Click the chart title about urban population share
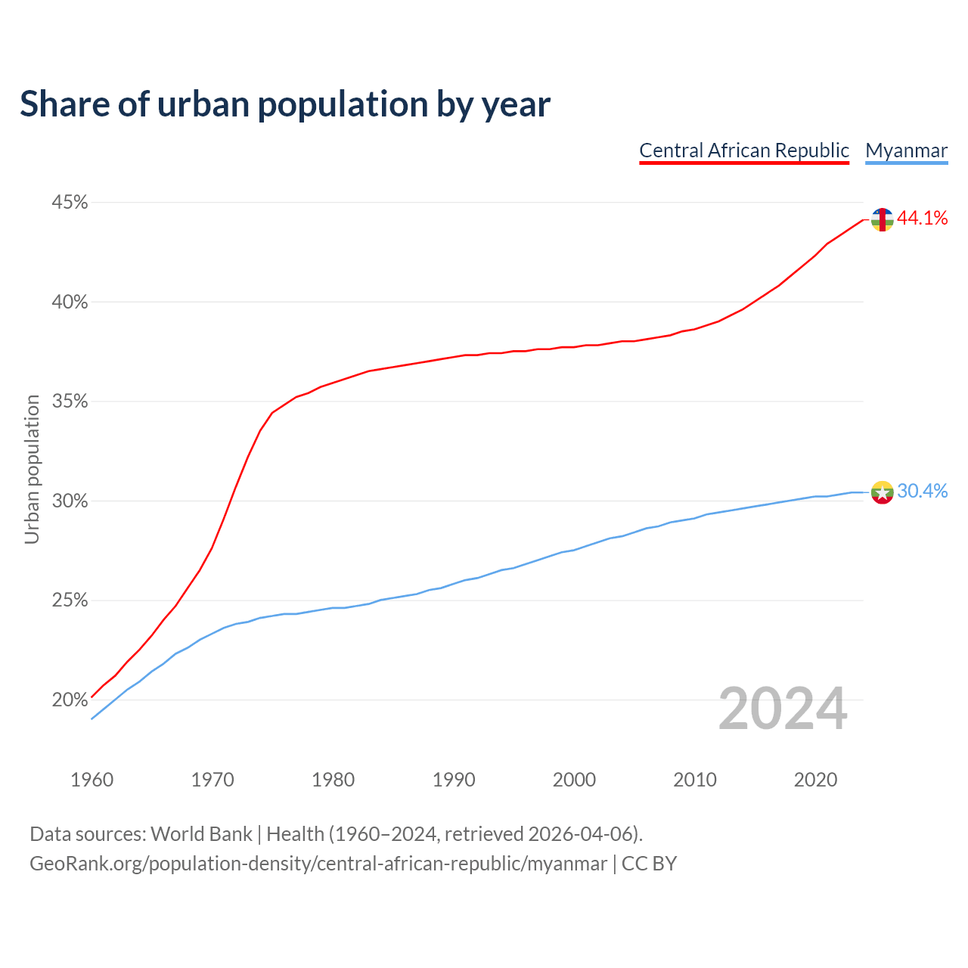click(x=285, y=104)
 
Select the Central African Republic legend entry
click(x=744, y=150)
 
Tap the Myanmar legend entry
click(x=906, y=150)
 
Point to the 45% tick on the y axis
click(x=70, y=203)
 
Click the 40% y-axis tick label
click(x=70, y=302)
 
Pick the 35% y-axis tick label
click(x=70, y=402)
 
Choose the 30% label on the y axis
click(x=70, y=501)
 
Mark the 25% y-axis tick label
click(x=70, y=600)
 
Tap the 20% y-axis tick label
click(x=70, y=700)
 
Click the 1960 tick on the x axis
click(x=92, y=780)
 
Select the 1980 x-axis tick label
click(x=334, y=780)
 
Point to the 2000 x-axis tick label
click(x=575, y=780)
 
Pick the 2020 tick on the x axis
click(x=815, y=780)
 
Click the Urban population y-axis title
click(x=32, y=470)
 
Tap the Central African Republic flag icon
click(x=882, y=219)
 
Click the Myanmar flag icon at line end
click(x=882, y=492)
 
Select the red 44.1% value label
click(x=923, y=219)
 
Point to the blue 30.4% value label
click(x=923, y=492)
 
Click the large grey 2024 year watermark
click(x=783, y=709)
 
